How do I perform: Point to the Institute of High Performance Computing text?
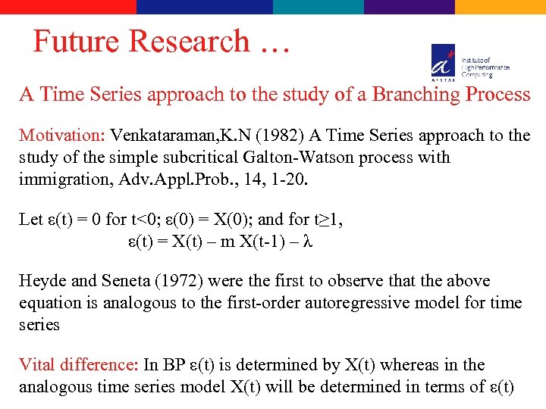point(485,67)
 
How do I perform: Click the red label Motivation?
point(62,136)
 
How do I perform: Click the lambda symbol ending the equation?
point(308,242)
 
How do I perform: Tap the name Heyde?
point(43,281)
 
